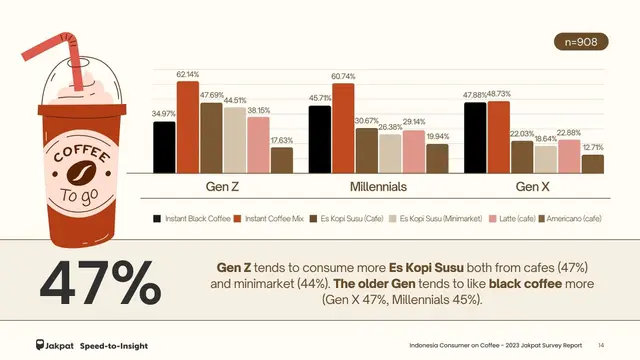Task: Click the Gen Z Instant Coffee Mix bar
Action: coord(187,127)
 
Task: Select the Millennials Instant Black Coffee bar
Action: coord(320,140)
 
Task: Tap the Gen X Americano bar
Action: coord(593,164)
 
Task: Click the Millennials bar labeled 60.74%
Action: coord(343,128)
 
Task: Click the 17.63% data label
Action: coord(281,141)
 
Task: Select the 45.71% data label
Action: coord(320,98)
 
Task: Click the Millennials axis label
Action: coord(378,187)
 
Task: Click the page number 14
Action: coord(601,343)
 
